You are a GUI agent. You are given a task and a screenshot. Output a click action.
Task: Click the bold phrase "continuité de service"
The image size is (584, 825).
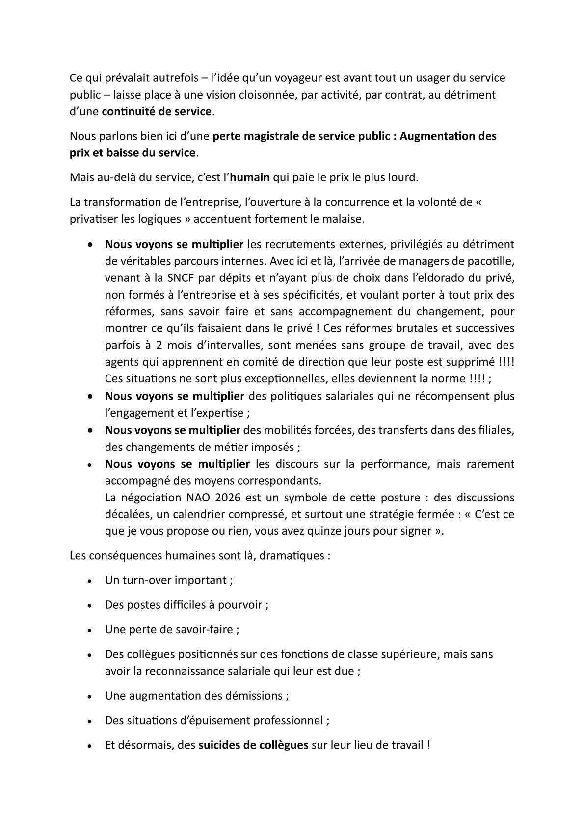coord(157,111)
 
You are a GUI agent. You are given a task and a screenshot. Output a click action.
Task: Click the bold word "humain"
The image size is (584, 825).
coord(250,177)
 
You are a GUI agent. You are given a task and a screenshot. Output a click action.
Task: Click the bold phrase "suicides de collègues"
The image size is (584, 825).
coord(253,745)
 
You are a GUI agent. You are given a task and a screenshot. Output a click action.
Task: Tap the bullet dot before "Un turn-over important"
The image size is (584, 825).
coord(89,581)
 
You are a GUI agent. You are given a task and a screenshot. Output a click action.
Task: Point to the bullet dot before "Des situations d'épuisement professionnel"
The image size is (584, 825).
coord(89,721)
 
